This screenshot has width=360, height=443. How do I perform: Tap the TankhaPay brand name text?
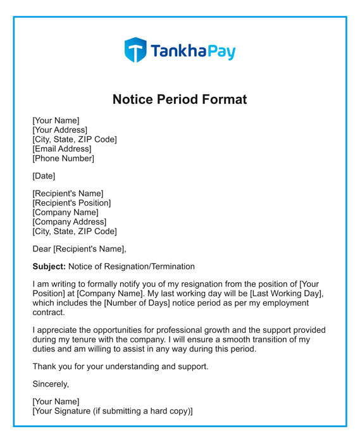193,51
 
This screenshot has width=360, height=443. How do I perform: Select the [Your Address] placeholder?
60,130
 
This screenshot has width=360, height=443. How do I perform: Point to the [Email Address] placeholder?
62,149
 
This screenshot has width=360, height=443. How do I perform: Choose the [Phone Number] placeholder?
63,158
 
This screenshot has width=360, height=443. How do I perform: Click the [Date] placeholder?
44,176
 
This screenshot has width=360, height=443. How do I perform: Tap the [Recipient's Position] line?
71,203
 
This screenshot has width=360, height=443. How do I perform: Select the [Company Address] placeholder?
70,222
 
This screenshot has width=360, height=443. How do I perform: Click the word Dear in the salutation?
42,249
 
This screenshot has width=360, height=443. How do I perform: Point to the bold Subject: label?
49,266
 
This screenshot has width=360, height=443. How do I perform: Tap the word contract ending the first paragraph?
49,313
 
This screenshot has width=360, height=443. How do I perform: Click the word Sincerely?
51,384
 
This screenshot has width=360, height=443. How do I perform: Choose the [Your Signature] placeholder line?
112,411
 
